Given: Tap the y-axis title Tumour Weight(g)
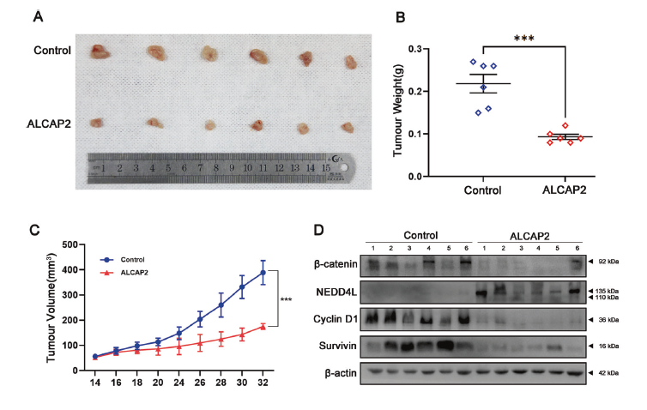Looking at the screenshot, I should (x=399, y=112).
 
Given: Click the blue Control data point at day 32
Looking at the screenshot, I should (x=263, y=273).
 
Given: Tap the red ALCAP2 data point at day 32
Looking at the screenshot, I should (x=263, y=326).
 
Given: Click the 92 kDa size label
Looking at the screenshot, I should (x=609, y=260).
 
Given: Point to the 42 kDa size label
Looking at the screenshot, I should (x=609, y=375).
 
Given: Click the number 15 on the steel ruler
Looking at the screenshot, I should (x=326, y=169).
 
